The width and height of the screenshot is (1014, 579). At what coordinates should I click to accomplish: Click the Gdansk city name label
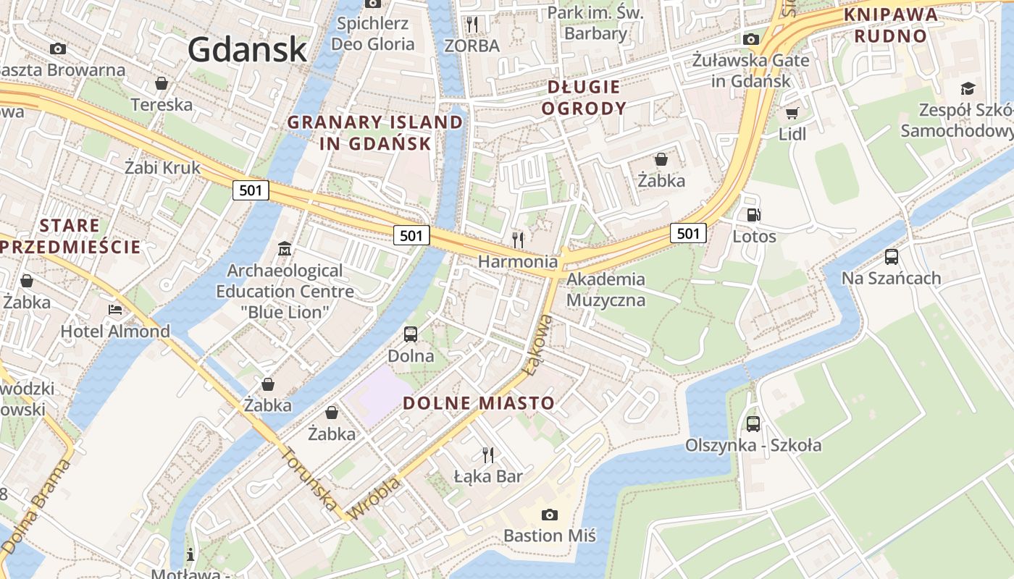coord(248,49)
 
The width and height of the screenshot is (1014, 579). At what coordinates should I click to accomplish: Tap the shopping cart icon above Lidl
coord(792,113)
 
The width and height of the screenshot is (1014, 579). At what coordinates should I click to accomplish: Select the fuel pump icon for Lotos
coord(754,215)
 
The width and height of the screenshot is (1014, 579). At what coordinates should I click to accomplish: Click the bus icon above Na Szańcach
coord(892,257)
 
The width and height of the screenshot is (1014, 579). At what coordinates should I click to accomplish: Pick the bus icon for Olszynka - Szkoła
coord(753,424)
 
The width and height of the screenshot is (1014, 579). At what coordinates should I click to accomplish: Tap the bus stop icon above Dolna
coord(411,334)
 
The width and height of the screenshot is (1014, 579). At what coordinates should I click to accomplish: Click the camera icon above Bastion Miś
coord(550,515)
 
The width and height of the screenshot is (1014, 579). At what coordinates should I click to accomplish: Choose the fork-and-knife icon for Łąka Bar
coord(488,455)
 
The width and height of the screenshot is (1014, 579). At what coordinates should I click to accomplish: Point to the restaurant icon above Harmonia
coord(518,240)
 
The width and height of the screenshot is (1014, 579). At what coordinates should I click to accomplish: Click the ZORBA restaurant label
coord(472,46)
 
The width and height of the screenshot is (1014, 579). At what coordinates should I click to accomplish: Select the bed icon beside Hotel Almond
coord(115,310)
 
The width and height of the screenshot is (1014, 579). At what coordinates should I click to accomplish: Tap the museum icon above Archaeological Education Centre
coord(285,249)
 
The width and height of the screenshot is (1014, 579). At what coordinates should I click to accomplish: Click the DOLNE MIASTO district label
coord(479,403)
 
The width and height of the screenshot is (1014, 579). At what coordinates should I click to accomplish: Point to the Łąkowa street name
coord(536,345)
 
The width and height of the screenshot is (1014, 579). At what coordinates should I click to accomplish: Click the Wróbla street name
coord(374,498)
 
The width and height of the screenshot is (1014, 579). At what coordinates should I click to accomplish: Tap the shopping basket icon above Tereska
coord(162,83)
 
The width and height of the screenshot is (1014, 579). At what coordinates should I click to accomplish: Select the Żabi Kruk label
coord(162,168)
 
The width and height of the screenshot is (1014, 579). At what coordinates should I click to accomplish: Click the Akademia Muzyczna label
coord(606,289)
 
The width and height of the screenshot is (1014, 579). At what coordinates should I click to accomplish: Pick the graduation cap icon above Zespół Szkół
coord(968,89)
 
